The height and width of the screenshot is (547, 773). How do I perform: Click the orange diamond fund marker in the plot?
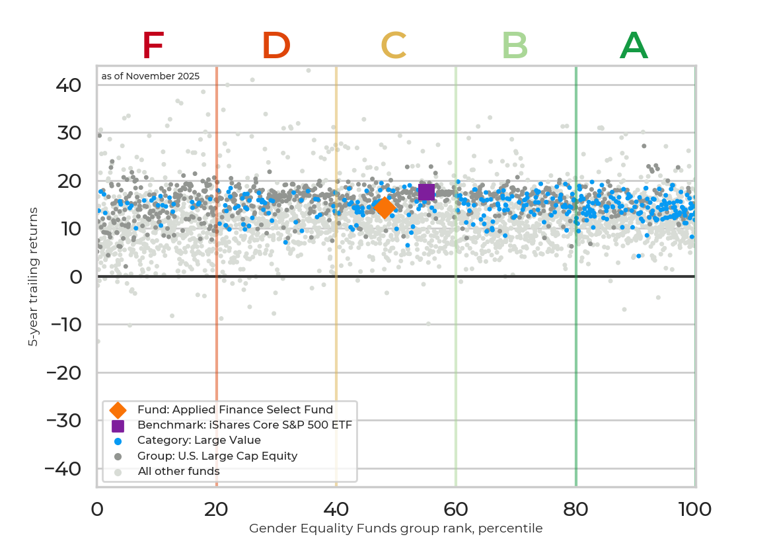tap(384, 208)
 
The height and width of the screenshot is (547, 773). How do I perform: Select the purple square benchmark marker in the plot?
tap(426, 192)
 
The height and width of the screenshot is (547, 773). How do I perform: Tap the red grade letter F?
tap(153, 46)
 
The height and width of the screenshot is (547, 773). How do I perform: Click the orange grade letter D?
tap(276, 46)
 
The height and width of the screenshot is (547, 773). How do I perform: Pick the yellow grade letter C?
tap(393, 46)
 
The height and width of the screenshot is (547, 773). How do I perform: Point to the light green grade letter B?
tap(515, 46)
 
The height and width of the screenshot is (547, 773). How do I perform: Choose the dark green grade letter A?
tap(634, 46)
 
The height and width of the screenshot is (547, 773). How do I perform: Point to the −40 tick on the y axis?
tap(63, 469)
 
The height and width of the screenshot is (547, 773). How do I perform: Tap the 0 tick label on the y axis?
tap(76, 277)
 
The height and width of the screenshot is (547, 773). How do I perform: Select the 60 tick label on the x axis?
tap(456, 509)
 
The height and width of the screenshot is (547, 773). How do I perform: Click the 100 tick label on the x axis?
tap(694, 509)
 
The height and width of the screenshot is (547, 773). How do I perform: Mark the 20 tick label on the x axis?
tap(217, 509)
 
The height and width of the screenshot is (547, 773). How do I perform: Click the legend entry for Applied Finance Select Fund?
tap(235, 410)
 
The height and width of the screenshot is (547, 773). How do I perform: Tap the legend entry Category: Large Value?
tap(199, 441)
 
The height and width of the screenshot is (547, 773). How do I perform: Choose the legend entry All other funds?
tap(178, 472)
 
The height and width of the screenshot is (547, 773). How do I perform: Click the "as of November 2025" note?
tap(151, 76)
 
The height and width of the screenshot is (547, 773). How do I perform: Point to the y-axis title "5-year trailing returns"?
tap(33, 276)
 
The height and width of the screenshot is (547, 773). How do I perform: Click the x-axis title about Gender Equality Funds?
tap(396, 528)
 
